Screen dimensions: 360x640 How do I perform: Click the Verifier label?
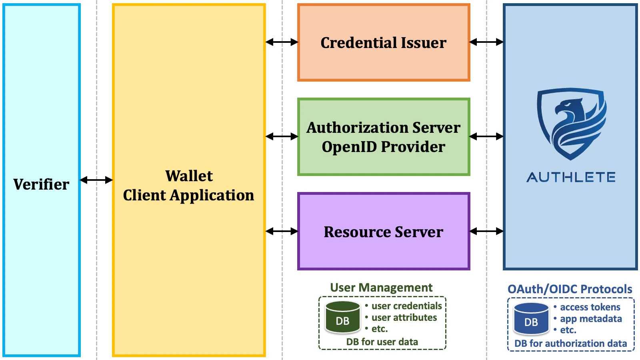click(x=41, y=184)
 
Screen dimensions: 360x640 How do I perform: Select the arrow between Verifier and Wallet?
click(x=96, y=180)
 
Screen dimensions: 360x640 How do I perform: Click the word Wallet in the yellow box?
click(x=189, y=176)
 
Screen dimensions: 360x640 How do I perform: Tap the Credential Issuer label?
click(x=383, y=43)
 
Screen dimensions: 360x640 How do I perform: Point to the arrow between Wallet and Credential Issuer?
click(x=282, y=42)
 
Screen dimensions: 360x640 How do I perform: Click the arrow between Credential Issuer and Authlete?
click(x=486, y=42)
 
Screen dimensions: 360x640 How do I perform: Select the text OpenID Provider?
click(x=383, y=147)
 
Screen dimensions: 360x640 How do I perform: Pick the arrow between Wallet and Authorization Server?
click(x=282, y=137)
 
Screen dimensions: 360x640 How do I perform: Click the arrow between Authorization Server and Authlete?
click(x=486, y=137)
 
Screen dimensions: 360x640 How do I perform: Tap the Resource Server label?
click(x=383, y=232)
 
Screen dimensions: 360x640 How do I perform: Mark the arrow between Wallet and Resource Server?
click(x=282, y=231)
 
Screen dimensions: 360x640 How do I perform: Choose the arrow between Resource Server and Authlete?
click(x=486, y=231)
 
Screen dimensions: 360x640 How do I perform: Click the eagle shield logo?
click(x=571, y=123)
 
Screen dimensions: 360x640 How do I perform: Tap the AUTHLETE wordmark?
click(x=571, y=177)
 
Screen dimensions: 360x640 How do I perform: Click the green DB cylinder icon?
click(x=343, y=318)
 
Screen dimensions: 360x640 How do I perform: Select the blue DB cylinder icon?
click(x=531, y=319)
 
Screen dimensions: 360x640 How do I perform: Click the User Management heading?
click(x=381, y=288)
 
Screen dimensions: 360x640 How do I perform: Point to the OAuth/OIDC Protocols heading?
click(x=570, y=289)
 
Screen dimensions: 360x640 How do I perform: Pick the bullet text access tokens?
click(x=590, y=307)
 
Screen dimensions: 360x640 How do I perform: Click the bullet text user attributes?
click(x=404, y=318)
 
